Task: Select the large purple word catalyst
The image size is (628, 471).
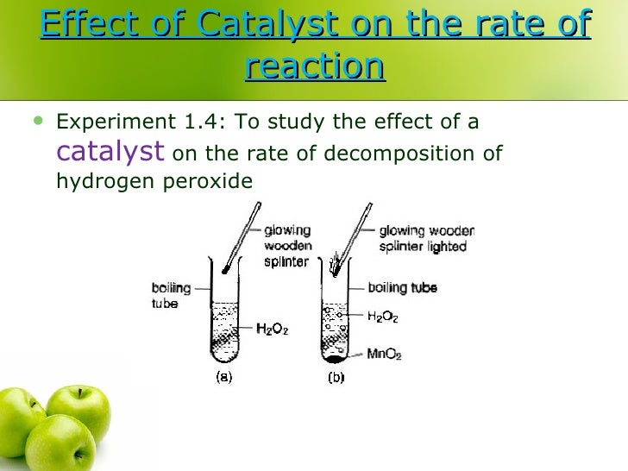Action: (110, 152)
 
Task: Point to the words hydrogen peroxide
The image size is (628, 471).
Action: (154, 182)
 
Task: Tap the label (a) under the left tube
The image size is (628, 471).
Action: (223, 377)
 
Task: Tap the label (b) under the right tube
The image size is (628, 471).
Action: (335, 377)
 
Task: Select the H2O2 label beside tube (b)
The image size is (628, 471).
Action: (383, 317)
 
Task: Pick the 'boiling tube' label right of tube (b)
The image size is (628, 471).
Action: (402, 288)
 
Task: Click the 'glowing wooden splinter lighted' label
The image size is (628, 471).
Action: (426, 239)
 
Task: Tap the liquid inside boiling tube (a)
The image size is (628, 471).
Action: (223, 332)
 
